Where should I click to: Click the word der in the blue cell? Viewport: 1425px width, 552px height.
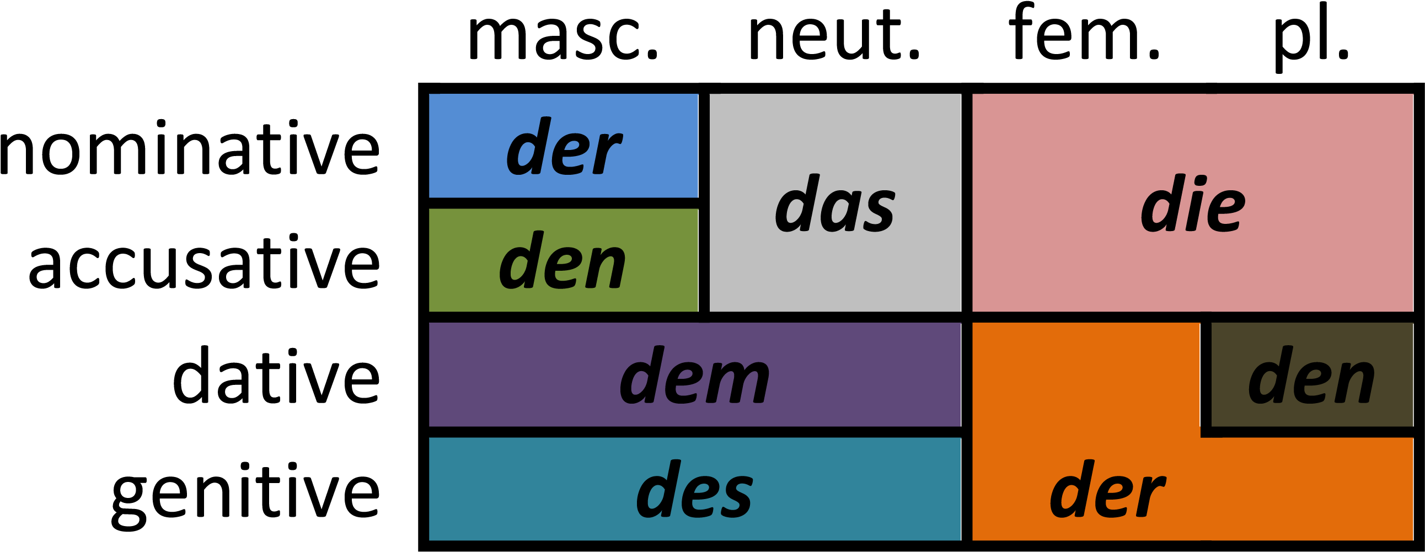(564, 147)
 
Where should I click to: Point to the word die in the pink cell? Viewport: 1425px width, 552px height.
(1193, 203)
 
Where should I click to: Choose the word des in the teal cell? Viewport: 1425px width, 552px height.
(694, 490)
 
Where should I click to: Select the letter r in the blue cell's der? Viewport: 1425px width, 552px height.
(607, 154)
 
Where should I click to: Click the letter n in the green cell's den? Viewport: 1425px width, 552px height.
(604, 267)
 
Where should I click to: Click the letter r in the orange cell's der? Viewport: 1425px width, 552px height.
(1150, 496)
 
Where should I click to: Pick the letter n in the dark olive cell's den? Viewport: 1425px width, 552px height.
(1354, 382)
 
